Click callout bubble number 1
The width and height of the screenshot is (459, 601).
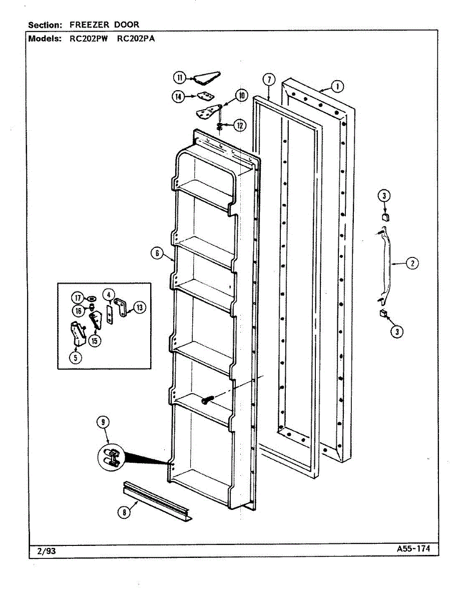coord(337,87)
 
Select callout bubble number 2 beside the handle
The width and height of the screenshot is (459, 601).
coord(412,263)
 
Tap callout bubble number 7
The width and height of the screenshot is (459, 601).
coord(269,80)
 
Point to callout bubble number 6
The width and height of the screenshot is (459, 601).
coord(157,253)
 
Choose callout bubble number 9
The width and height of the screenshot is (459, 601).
coord(103,422)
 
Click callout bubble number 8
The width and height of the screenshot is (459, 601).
coord(125,512)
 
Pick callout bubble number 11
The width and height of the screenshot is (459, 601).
coord(179,78)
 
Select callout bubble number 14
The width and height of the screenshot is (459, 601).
coord(178,96)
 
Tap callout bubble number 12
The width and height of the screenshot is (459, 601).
coord(240,126)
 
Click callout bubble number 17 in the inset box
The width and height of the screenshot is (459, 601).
coord(78,298)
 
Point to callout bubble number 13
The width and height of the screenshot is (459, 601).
coord(140,308)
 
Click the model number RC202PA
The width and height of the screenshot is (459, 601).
coord(136,39)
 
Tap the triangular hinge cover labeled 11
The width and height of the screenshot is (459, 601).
coord(207,78)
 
